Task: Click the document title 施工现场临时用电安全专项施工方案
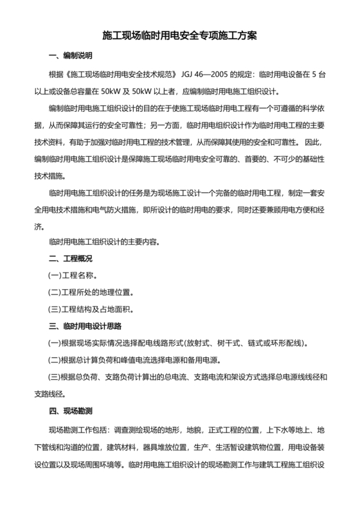[180, 37]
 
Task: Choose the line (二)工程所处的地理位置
[91, 293]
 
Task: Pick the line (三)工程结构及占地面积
[91, 310]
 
